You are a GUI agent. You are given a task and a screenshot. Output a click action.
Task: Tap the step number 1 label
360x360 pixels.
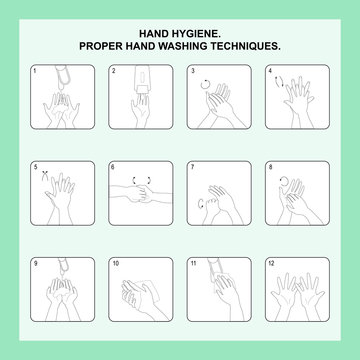[x=36, y=72]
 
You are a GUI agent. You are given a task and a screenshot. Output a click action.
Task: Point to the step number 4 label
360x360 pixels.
[x=270, y=72]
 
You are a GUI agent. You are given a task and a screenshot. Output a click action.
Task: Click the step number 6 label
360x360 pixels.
[x=114, y=167]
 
